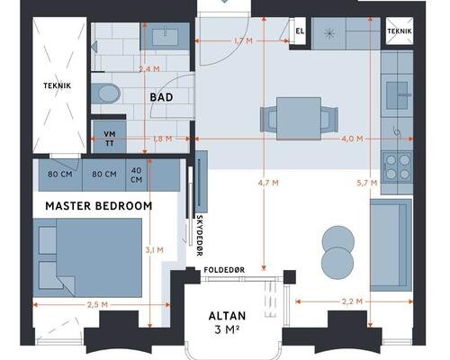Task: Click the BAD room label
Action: coord(161,97)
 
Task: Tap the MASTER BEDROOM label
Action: coord(99,206)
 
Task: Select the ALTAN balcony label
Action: coord(227,316)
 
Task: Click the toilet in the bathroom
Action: coord(106,93)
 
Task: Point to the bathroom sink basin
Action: coord(165,37)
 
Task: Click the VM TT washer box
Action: coord(110,137)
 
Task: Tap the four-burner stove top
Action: coord(398,167)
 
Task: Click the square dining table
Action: coord(299,119)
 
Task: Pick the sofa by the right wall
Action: coord(391,245)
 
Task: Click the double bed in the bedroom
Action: coord(87,257)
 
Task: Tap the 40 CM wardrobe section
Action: coord(137,175)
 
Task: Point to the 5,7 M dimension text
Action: coord(367,183)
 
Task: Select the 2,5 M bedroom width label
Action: coord(97,305)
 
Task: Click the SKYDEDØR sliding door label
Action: coord(200,235)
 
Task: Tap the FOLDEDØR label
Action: coord(224,270)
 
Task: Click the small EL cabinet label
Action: coord(300,31)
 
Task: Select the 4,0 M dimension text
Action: coord(352,139)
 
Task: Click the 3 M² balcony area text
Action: coord(227,329)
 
